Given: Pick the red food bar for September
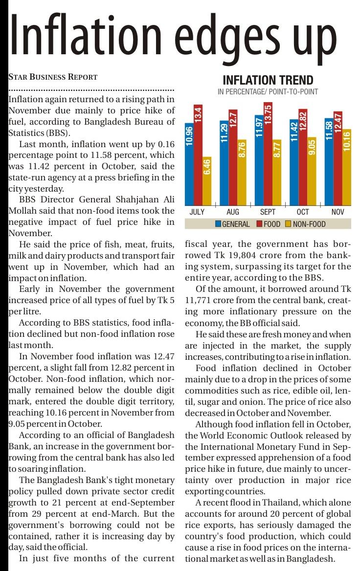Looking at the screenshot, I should pos(268,154).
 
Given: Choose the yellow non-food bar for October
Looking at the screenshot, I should pos(312,171).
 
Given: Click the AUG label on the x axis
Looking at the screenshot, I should pos(233,212).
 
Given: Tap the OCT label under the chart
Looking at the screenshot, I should pos(303,212).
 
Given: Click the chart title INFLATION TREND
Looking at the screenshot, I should pos(268,81).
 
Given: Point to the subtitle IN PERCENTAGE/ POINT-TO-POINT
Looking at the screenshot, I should pos(268,91).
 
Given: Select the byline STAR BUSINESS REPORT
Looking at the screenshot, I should pos(53,77).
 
